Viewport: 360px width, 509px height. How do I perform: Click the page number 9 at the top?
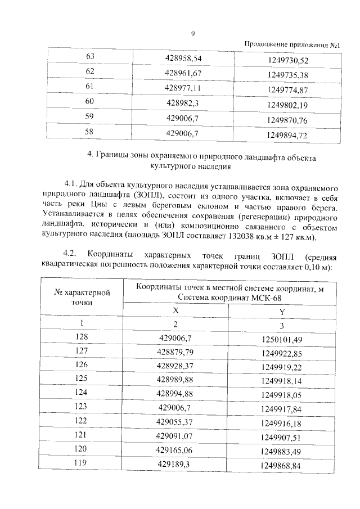tap(192, 34)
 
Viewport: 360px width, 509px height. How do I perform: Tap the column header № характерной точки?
tap(82, 297)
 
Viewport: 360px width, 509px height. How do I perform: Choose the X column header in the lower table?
tap(175, 311)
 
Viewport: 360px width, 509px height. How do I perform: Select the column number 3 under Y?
tap(281, 326)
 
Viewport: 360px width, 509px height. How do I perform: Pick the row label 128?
tap(82, 337)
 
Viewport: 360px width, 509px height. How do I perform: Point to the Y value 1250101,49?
tap(281, 339)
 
